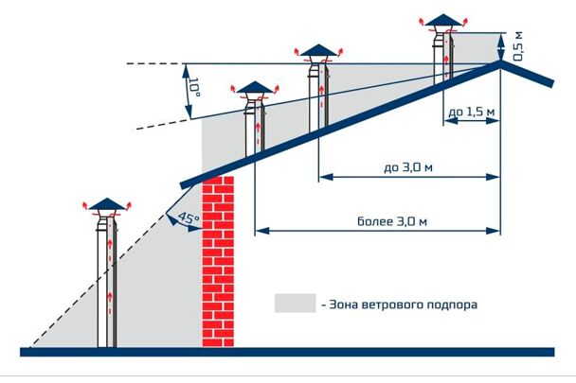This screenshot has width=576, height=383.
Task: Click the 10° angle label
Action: [194, 87]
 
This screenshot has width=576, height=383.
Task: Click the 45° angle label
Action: [189, 218]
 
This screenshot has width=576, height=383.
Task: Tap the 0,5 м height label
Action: [517, 46]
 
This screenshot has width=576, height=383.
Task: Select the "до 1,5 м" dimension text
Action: [471, 112]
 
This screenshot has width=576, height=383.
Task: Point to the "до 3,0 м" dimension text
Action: [408, 167]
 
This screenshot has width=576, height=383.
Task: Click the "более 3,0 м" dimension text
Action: [392, 221]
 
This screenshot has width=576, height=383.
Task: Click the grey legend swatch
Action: [295, 303]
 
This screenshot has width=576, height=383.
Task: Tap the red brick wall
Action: [218, 261]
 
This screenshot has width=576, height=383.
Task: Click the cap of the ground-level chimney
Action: [107, 203]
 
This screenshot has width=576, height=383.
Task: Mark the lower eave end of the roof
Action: [182, 185]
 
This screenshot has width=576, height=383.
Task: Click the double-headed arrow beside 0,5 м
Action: [500, 46]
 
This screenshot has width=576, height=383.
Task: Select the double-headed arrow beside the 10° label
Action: [187, 91]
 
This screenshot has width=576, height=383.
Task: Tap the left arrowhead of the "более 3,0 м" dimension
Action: [261, 231]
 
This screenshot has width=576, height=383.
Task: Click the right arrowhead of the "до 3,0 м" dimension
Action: [493, 177]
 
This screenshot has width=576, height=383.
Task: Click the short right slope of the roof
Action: [527, 74]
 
